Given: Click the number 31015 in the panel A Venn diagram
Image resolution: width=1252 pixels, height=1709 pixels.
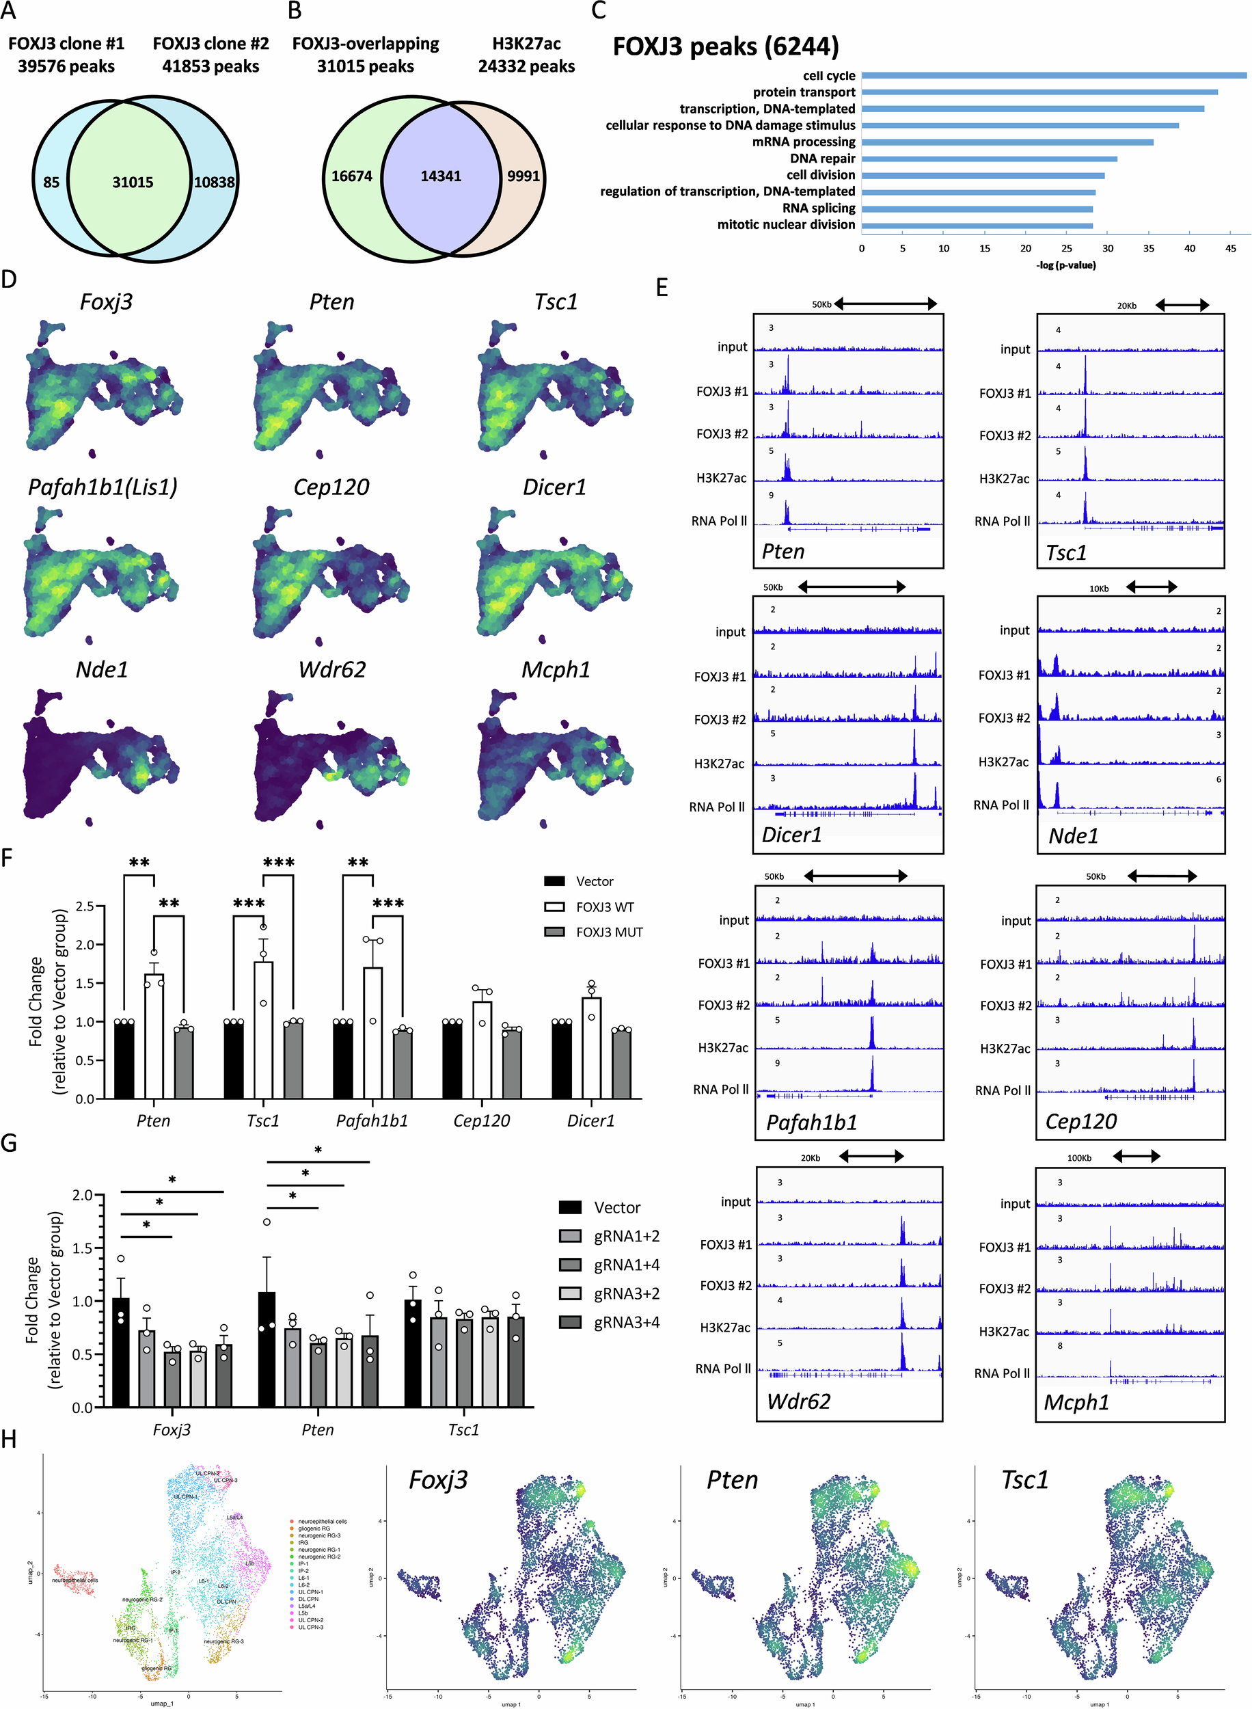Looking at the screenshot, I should pos(133,182).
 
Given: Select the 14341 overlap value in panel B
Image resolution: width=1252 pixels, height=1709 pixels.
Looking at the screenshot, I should pos(440,176).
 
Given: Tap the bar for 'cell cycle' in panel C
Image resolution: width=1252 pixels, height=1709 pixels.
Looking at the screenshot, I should pos(1053,76).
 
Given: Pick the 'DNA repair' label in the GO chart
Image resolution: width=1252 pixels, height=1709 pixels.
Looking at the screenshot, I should pos(822,159).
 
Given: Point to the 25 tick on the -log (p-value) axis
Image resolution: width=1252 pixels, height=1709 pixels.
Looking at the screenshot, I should pos(1066,249).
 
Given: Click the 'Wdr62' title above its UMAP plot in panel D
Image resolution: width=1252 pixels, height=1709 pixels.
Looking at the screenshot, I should pos(332,669).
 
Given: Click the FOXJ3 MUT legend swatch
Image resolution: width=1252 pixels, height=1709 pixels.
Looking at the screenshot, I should pos(555,932).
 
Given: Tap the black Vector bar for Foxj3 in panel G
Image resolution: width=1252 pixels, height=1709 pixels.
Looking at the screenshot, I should pos(120,1352).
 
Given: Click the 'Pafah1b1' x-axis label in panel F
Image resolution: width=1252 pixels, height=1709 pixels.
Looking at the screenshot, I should pos(372,1120).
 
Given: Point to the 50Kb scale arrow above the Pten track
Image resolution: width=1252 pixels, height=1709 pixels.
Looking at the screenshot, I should pos(885,304).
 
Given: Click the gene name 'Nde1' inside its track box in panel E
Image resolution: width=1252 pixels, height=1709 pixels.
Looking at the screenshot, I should pos(1073,836).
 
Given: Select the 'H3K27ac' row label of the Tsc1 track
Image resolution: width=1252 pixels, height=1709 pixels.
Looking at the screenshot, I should pos(1004,479).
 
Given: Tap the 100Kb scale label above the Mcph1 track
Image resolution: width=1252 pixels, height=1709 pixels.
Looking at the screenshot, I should pos(1079,1158).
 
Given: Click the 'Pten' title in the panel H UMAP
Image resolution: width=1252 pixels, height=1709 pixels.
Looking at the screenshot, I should pos(732,1480).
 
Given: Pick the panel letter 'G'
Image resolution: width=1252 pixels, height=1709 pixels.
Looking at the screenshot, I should pos(9,1142).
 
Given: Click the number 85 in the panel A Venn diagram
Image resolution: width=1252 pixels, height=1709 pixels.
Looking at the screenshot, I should pos(51,182).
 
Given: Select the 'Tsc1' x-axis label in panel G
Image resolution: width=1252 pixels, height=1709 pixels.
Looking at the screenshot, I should pos(463,1429).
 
